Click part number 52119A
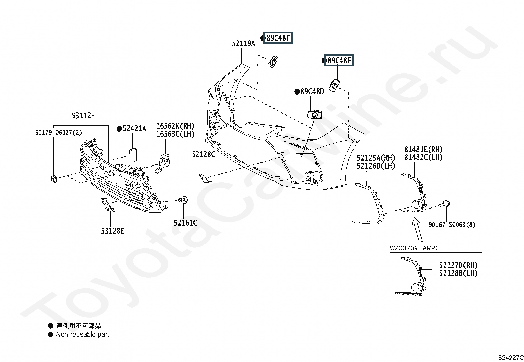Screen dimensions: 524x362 coord(244,43)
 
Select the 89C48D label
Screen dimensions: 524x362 coord(312,92)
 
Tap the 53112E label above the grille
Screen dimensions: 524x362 coord(83,116)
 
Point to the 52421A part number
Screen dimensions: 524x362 coord(134,128)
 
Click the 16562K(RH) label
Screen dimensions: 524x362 coord(175,126)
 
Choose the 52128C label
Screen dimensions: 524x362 coord(203,154)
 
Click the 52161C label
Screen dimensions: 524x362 coord(186,223)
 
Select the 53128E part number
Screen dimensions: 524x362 coord(113,231)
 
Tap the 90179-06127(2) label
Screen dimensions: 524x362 coord(59,133)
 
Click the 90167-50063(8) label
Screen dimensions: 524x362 coord(452,225)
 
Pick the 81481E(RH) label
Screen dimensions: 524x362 coord(424,150)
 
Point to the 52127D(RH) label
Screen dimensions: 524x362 coord(458,265)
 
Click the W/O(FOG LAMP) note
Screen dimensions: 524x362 coord(414,248)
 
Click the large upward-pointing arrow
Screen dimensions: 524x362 coord(417,230)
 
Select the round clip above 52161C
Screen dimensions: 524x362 coord(183,200)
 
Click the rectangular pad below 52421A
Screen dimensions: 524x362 coord(133,155)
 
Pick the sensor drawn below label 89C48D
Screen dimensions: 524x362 coord(315,115)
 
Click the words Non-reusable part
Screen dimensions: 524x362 coord(83,334)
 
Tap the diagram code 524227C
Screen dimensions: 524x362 coord(511,358)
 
